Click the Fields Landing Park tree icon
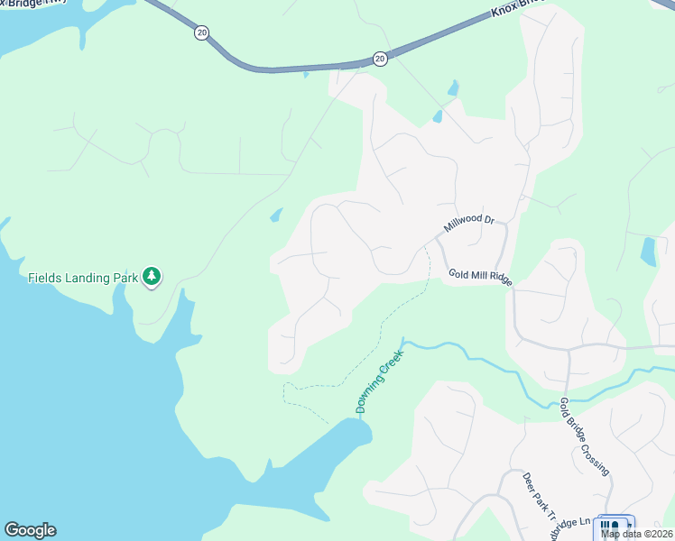153,277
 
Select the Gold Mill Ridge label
480,277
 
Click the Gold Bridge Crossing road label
584,436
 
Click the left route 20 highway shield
200,32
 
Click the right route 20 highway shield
380,59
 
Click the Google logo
30,530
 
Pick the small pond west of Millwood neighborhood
275,215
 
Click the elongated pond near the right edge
648,252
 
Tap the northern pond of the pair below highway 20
452,88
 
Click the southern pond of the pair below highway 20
438,116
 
